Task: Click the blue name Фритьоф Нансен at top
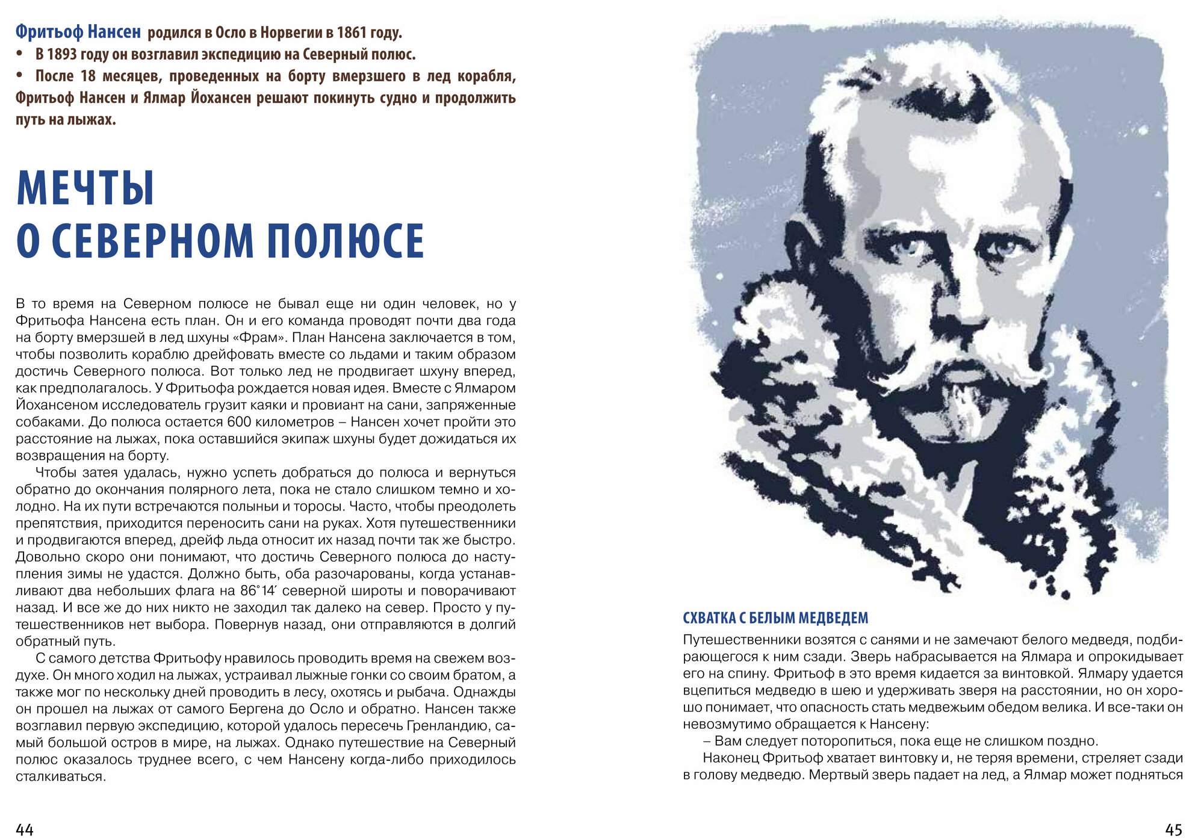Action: [78, 31]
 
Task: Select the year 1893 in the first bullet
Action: [62, 54]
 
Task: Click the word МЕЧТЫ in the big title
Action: [85, 188]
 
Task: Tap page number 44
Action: [25, 829]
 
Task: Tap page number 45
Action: [1174, 829]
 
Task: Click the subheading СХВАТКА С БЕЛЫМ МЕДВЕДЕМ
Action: [775, 618]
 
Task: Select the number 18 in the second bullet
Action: [88, 76]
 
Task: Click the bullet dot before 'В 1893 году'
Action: [20, 54]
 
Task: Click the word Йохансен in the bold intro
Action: [221, 98]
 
